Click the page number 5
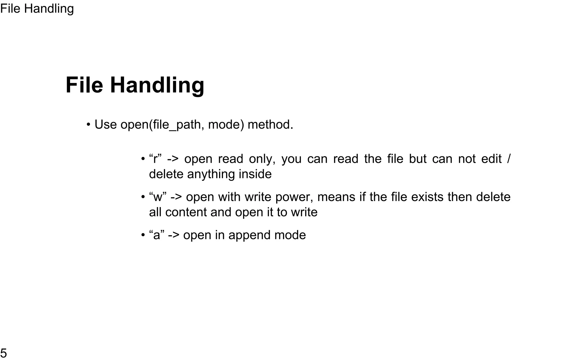coord(4,353)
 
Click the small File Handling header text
coord(37,9)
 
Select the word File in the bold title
coord(84,85)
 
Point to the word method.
coord(270,125)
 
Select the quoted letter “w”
coord(158,197)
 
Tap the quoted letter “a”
coord(157,235)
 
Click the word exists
coord(427,197)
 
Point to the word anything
coord(211,174)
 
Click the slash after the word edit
coord(508,159)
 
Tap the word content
coord(186,212)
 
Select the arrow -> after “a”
coord(174,235)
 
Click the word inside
coord(255,174)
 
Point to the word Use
coord(105,125)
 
